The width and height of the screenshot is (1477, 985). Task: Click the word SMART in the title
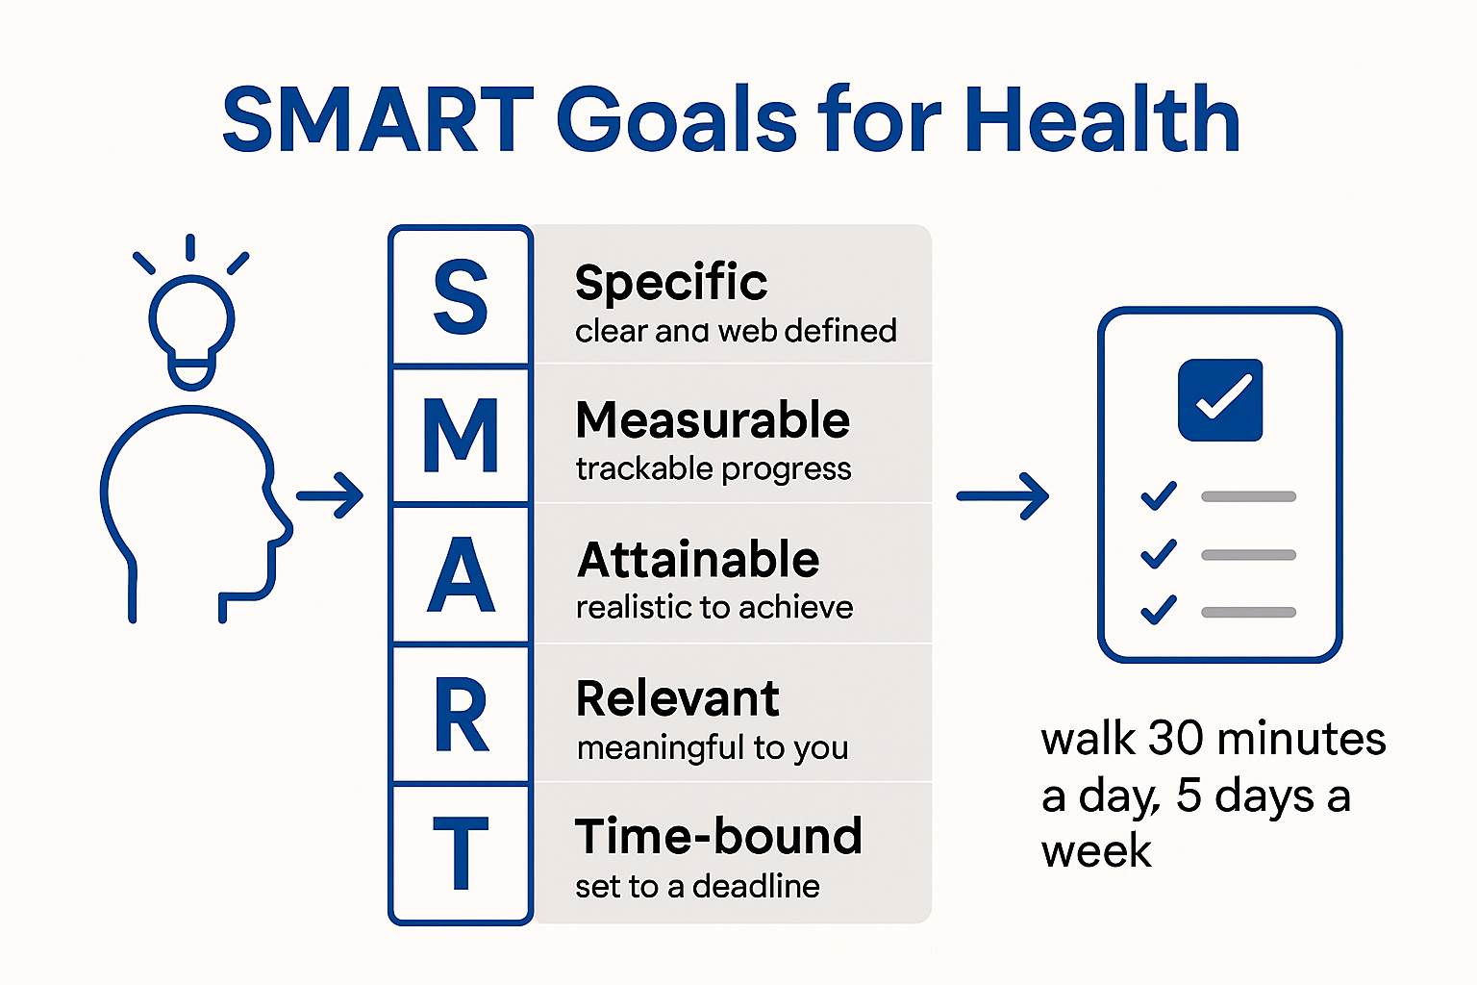[378, 120]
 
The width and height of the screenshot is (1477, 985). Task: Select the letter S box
[461, 297]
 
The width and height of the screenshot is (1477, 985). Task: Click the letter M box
[461, 436]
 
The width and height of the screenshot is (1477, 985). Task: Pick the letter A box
[461, 575]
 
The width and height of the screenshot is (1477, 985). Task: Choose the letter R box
[461, 715]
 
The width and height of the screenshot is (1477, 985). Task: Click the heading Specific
[671, 283]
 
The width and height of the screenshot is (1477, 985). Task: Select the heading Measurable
[713, 420]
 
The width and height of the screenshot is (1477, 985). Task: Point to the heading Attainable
[698, 560]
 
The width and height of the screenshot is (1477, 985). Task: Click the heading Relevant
[677, 698]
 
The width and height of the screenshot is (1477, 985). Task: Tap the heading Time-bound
[718, 837]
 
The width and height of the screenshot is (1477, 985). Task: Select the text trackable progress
[713, 469]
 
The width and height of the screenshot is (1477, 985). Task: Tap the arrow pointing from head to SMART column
[330, 496]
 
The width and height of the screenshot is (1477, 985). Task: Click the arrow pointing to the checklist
[1003, 496]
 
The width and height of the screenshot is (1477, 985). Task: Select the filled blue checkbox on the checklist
[1220, 400]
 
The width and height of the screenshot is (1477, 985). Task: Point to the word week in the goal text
[1096, 851]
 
